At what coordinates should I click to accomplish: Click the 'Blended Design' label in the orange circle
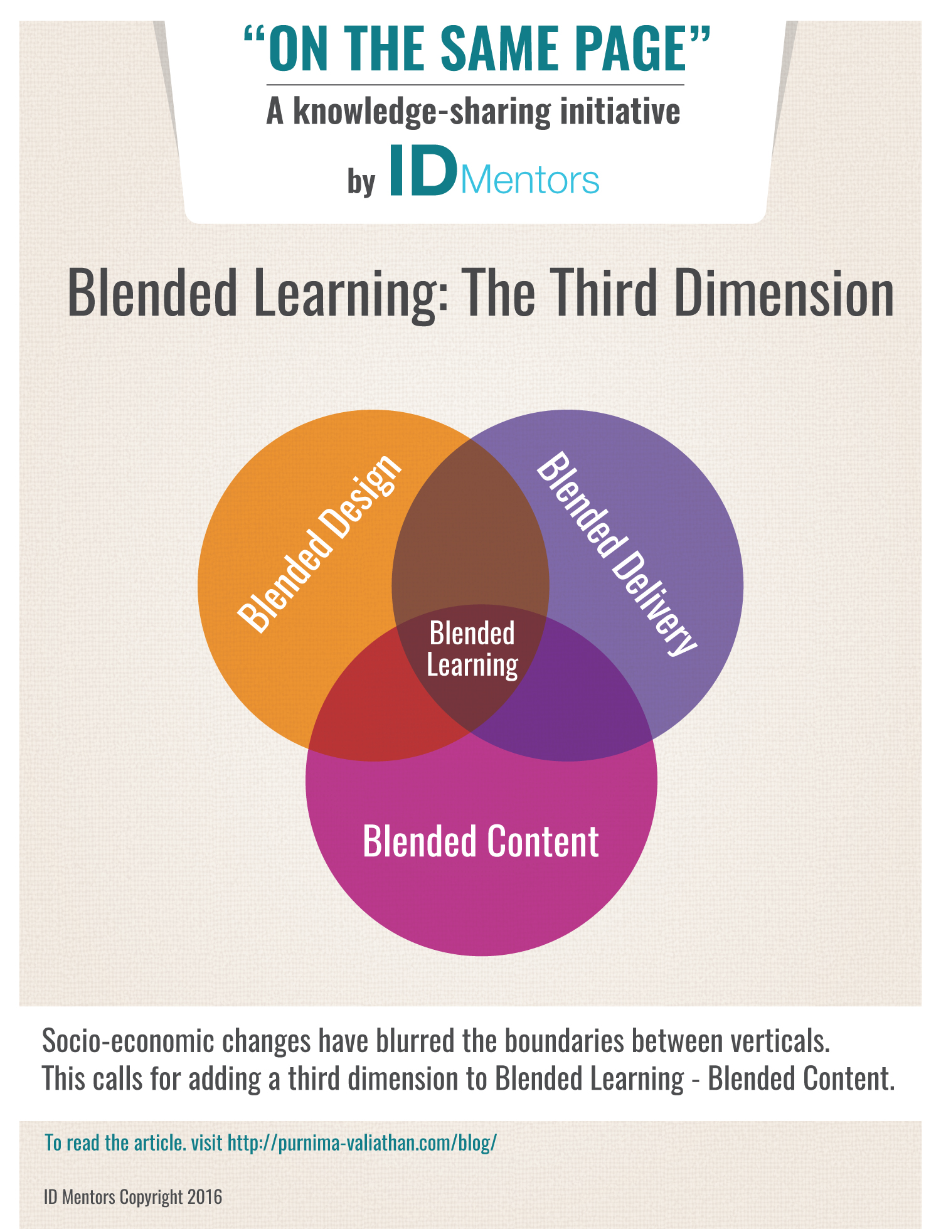coord(319,543)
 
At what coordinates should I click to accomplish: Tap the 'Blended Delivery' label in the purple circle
coord(616,554)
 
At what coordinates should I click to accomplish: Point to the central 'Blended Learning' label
coord(472,649)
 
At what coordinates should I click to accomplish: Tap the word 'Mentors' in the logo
coord(530,180)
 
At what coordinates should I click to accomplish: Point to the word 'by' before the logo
coord(361,182)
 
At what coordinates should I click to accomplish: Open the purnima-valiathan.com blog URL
coord(362,1143)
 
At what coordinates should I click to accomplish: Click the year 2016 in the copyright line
coord(205,1197)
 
